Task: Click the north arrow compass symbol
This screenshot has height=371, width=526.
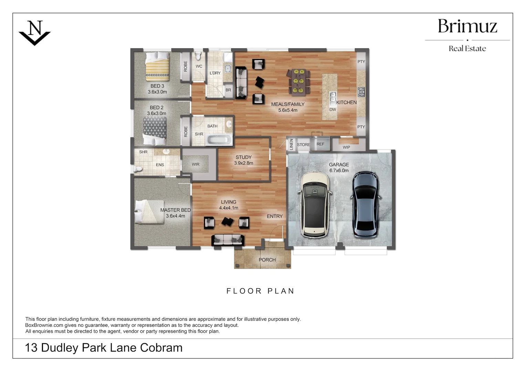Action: coord(34,33)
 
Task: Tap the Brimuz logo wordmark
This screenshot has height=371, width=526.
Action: coord(467,26)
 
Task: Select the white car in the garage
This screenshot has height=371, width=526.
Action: coord(314,205)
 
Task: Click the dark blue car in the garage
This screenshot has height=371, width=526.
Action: coord(366,205)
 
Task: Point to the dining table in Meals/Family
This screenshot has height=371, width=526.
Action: coord(298,81)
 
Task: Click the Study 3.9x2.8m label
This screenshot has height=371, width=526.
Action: coord(244,160)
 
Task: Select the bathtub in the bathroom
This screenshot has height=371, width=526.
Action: coord(219,139)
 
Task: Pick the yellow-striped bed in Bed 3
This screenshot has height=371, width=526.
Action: coord(157,65)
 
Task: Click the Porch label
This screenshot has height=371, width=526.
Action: coord(267,260)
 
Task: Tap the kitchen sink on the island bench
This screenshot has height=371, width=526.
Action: coord(332,97)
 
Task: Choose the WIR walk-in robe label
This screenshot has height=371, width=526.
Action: coord(196,164)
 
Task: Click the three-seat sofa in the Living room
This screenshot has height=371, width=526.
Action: coord(228,239)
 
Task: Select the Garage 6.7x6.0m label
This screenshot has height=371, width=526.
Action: coord(339,167)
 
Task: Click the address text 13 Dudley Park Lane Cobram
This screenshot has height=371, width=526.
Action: coord(104,348)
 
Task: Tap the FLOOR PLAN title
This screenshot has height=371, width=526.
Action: coord(260,291)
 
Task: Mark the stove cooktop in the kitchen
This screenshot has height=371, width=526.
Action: coord(361,92)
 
